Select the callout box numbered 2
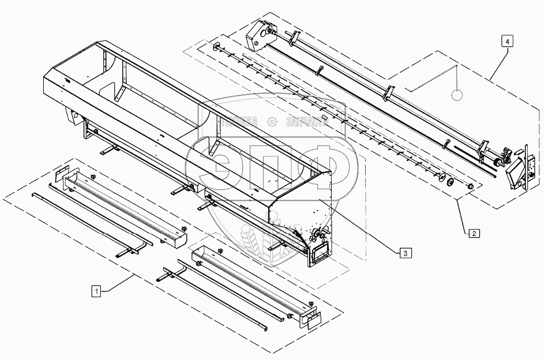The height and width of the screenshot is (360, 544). coord(472,234)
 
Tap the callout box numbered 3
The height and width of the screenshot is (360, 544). coord(406,252)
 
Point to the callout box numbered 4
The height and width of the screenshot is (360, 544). coord(506,42)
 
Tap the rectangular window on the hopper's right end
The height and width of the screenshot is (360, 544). coord(319,252)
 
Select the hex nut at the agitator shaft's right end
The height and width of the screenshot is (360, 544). coord(471,187)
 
